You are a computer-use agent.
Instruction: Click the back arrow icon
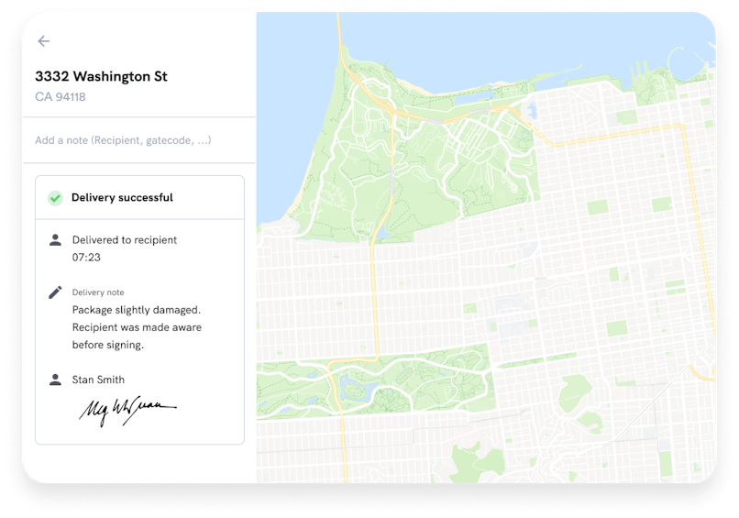pos(44,41)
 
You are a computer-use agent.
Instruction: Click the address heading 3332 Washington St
pos(101,76)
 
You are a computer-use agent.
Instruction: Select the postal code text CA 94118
pos(60,97)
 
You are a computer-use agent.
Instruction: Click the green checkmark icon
pos(56,197)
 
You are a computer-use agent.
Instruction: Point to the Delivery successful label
pos(122,197)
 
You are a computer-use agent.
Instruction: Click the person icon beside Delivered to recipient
pos(55,240)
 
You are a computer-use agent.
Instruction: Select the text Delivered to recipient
pos(125,240)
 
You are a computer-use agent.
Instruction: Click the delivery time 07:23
pos(86,258)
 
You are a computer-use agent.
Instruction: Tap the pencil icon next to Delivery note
pos(55,292)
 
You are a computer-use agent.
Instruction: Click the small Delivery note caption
pos(97,292)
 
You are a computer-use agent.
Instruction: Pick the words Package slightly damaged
pos(136,310)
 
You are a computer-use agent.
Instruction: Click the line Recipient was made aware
pos(137,327)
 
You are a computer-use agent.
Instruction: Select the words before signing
pos(108,346)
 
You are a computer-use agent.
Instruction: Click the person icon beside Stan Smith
pos(55,380)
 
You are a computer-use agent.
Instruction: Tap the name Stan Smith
pos(98,380)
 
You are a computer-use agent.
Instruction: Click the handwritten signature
pos(126,410)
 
